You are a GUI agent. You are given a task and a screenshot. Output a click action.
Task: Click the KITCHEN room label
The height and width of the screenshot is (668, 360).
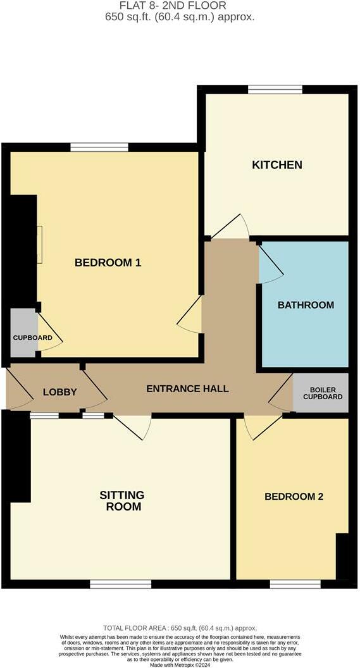[277, 165]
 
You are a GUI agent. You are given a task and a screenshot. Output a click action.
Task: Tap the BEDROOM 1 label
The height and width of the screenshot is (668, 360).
[108, 263]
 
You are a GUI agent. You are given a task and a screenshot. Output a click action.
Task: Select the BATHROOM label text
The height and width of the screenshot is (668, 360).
[306, 305]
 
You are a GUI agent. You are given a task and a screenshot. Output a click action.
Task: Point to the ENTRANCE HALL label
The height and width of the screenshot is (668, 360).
[187, 388]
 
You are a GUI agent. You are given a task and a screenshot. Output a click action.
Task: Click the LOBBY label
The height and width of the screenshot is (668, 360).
[59, 392]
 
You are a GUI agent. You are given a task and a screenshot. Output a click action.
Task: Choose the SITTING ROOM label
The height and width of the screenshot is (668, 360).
[121, 500]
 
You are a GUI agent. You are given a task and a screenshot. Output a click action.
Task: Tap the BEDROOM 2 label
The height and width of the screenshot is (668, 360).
[294, 497]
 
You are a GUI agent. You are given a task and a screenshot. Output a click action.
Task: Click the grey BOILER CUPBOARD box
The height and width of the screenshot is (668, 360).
[322, 393]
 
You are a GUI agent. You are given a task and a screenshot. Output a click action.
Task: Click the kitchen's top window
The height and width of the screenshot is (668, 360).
[275, 89]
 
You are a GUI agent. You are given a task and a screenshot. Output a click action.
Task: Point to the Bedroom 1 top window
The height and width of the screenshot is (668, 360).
[99, 147]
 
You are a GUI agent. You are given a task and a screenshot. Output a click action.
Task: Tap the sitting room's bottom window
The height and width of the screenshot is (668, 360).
[120, 584]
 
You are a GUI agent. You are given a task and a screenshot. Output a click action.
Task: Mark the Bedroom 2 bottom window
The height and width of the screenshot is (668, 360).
[295, 584]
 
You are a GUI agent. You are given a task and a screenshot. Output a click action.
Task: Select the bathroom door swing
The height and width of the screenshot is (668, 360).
[270, 264]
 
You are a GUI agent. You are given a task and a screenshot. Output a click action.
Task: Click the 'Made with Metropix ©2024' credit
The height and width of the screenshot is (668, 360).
[180, 664]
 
